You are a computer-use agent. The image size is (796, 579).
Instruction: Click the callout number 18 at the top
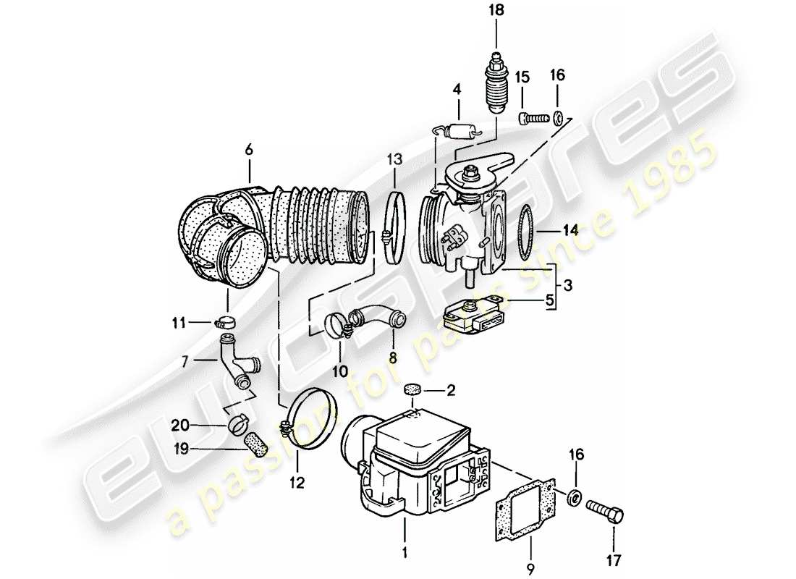[x=496, y=10]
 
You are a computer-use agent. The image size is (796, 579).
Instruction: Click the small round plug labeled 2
[x=413, y=389]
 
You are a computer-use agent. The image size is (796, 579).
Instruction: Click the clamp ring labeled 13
[x=393, y=229]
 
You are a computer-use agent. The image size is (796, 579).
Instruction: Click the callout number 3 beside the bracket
[x=568, y=287]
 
